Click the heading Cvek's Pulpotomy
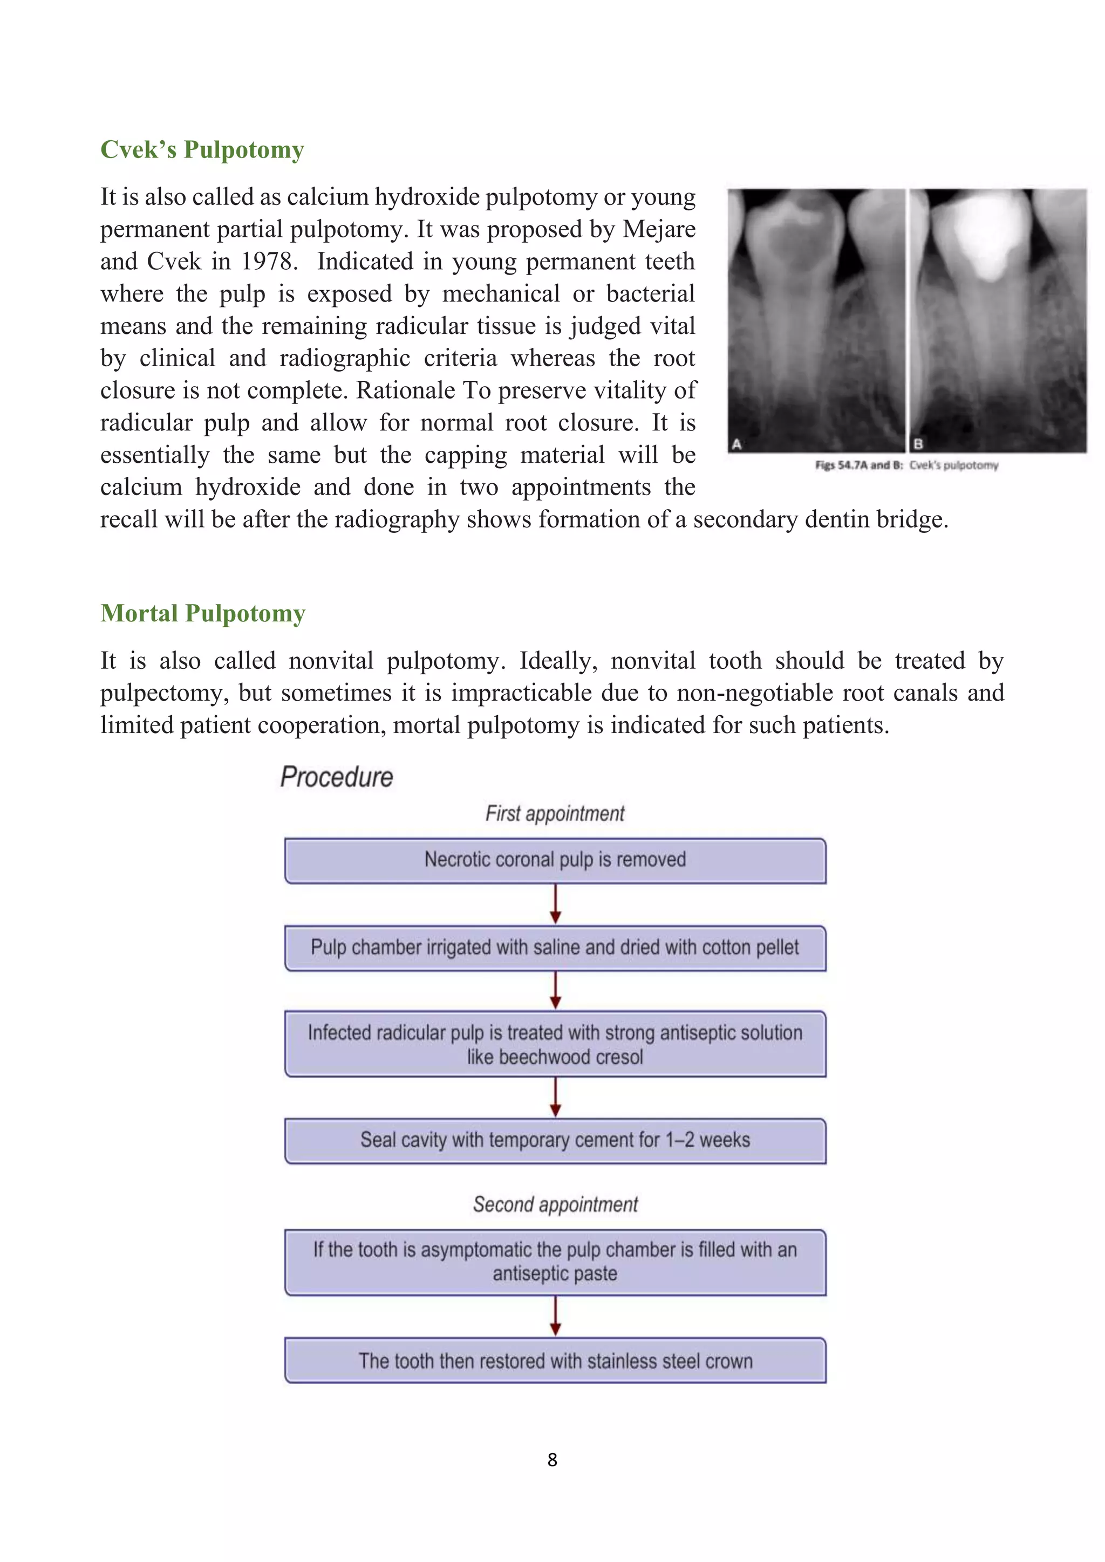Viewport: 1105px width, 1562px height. [x=202, y=149]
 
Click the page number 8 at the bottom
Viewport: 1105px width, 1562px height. [x=552, y=1460]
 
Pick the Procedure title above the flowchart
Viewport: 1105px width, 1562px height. [x=337, y=777]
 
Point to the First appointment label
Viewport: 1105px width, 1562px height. [x=555, y=814]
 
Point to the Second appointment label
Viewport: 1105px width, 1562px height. [x=555, y=1205]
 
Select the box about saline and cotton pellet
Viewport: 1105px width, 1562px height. [x=555, y=948]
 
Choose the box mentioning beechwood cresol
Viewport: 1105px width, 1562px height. [x=555, y=1044]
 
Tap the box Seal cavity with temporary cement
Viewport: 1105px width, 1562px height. [x=555, y=1141]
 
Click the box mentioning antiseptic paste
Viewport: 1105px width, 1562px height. [x=555, y=1262]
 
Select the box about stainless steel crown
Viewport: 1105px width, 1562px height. [x=555, y=1361]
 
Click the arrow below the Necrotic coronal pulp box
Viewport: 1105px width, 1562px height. [x=555, y=904]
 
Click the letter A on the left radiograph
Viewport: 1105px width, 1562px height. [x=736, y=444]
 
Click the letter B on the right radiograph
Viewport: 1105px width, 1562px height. [x=918, y=444]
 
